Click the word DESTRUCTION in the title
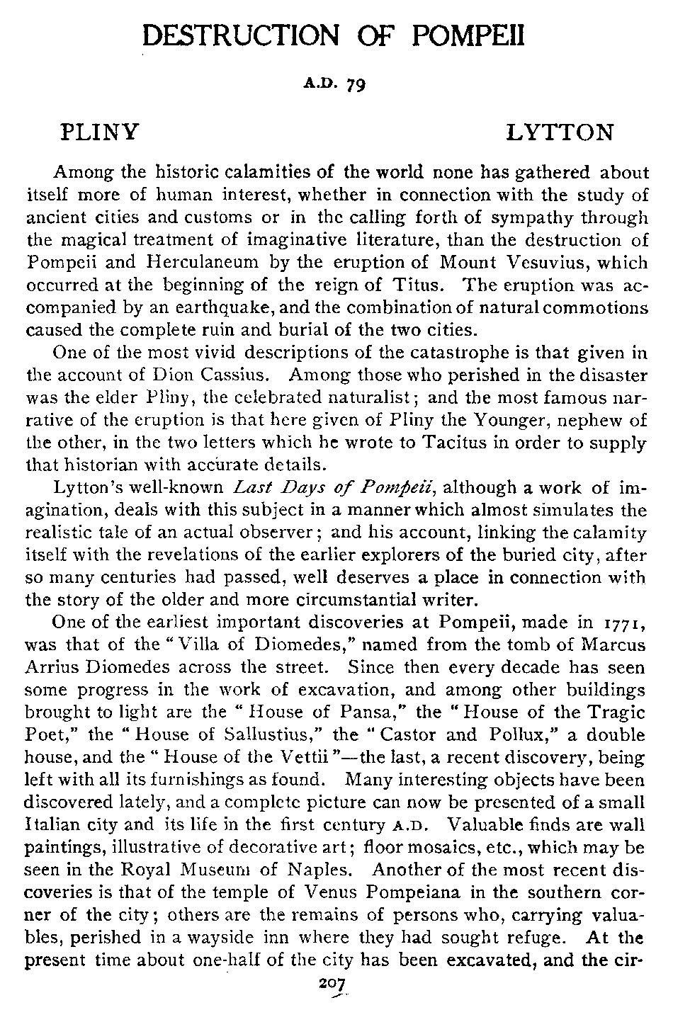[x=229, y=34]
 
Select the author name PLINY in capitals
[x=99, y=132]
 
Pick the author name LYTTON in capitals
[x=560, y=132]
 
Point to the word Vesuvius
[x=545, y=263]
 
